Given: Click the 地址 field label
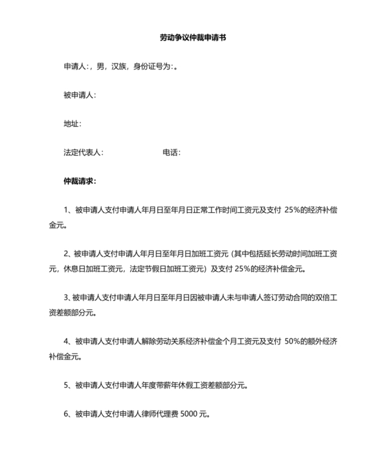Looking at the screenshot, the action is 71,124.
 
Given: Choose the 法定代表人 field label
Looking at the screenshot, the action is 82,153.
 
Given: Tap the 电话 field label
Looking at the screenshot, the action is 170,153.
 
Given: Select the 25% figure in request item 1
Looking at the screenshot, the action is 292,211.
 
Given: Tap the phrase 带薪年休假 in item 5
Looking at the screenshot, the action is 165,385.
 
